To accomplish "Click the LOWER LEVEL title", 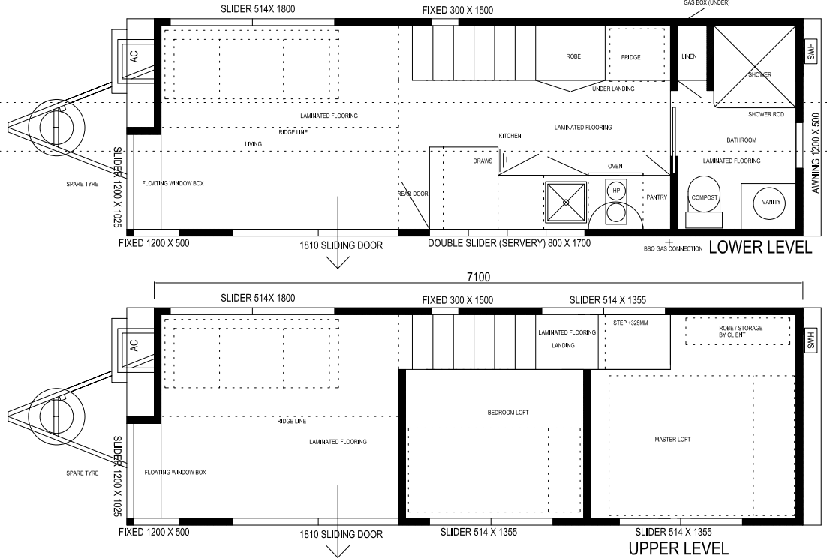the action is click(x=760, y=247).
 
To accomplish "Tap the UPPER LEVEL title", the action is click(x=678, y=548).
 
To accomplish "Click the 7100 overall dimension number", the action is click(x=478, y=277).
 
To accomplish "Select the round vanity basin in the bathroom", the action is click(x=771, y=202).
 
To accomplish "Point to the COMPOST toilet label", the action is click(x=705, y=197).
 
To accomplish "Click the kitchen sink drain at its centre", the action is click(x=566, y=202).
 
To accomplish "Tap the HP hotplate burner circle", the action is click(x=616, y=191).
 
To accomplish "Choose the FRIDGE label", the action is click(x=631, y=57).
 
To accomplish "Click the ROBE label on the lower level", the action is click(x=573, y=56).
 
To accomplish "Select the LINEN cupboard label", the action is click(x=690, y=56).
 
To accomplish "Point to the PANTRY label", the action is click(x=657, y=197).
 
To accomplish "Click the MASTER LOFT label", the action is click(x=672, y=439).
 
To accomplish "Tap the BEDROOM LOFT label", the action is click(x=508, y=413).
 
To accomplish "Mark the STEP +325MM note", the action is click(x=631, y=323).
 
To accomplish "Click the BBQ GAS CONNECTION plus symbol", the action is click(x=669, y=242).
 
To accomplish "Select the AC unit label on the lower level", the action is click(x=134, y=56).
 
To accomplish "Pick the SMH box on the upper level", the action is click(x=811, y=340).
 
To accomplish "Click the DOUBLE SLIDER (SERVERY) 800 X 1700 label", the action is click(x=509, y=243).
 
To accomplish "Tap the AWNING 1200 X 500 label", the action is click(x=816, y=153).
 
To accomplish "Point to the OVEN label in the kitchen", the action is click(x=615, y=166).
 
